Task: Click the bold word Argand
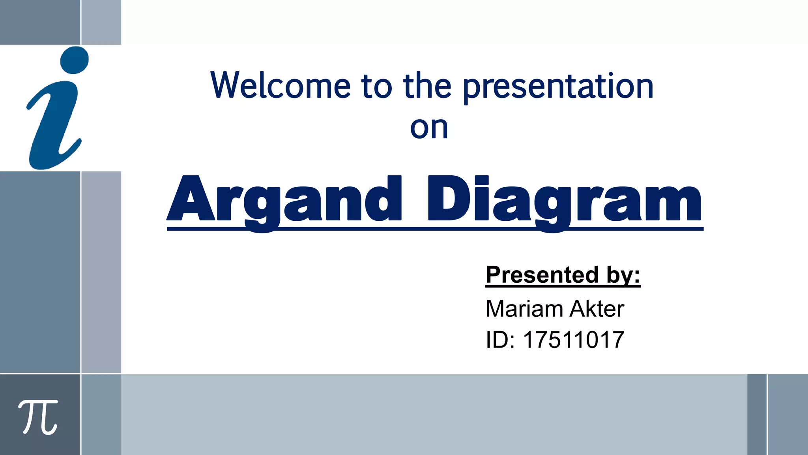(284, 199)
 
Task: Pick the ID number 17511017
(574, 340)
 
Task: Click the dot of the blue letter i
(75, 60)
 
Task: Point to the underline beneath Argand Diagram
(434, 229)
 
